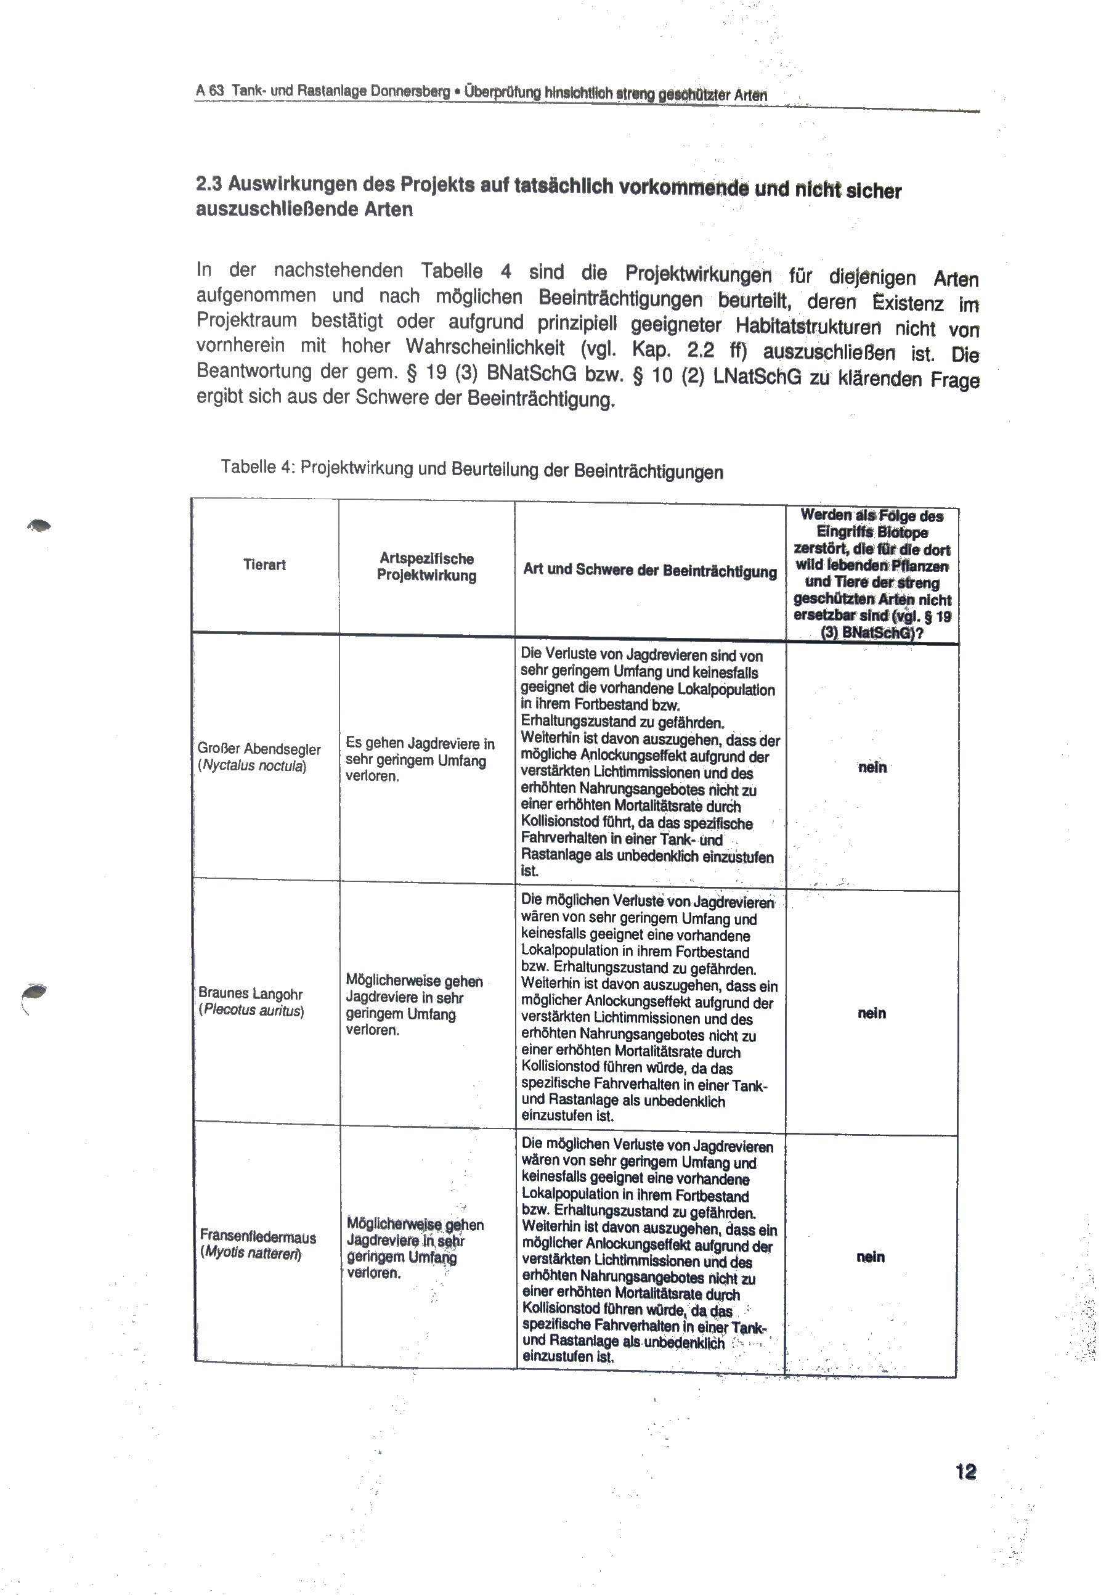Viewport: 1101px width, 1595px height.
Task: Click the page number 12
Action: pos(966,1472)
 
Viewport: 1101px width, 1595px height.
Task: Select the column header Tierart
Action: pos(264,565)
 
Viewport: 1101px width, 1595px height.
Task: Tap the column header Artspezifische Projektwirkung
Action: pos(426,567)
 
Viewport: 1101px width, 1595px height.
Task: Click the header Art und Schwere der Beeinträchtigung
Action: pos(650,571)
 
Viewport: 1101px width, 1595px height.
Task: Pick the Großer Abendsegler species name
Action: pos(259,749)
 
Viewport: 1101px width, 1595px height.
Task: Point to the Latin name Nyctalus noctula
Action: pos(253,766)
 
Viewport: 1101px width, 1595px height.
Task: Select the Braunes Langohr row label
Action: pos(250,993)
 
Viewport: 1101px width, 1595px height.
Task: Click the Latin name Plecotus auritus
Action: pos(252,1011)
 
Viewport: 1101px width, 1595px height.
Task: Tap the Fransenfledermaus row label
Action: pos(258,1237)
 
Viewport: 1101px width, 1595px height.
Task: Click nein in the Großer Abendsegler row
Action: pos(872,767)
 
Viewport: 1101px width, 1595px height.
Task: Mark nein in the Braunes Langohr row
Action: pos(871,1013)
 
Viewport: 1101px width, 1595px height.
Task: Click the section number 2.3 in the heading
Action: pos(208,184)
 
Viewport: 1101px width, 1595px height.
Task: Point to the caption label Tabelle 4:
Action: pos(258,467)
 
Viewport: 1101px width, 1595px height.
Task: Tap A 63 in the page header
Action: pos(209,91)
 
